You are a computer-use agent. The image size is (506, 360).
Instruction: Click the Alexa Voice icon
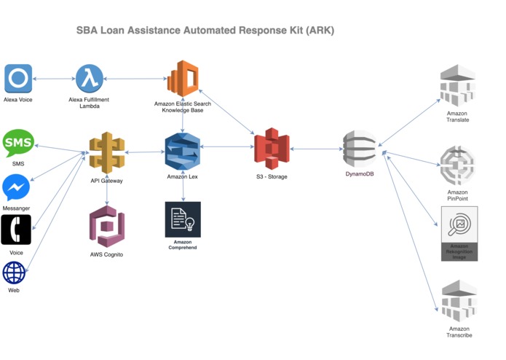18,79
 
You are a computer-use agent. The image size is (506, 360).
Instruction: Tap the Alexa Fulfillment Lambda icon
89,79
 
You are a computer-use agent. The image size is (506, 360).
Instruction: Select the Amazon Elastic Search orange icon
183,79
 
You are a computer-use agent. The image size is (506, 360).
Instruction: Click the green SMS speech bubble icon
18,144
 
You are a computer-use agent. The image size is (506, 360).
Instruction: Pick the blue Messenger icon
16,188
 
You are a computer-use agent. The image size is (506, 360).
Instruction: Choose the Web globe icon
14,273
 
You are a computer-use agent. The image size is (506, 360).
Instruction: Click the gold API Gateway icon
107,152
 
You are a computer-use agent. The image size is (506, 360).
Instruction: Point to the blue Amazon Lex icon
182,151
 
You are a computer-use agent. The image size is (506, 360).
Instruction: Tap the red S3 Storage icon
272,149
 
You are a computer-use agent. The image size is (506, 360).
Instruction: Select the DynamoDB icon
360,149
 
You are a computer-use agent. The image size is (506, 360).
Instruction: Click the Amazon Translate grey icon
458,86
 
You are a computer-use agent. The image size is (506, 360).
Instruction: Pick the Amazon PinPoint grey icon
458,166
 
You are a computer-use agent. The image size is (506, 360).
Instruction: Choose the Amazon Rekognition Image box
459,232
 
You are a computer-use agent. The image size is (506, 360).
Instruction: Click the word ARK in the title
318,31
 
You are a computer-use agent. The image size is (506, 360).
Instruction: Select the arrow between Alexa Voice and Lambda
54,79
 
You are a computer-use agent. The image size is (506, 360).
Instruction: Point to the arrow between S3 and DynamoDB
316,149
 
